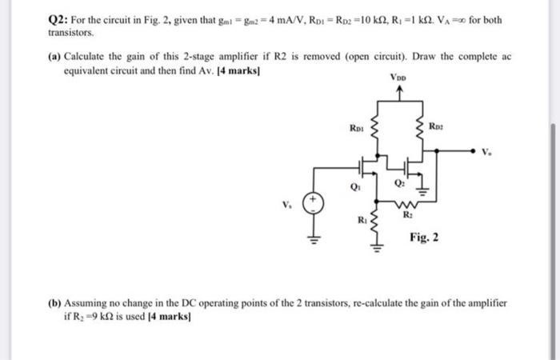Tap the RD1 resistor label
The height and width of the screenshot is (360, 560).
pyautogui.click(x=356, y=126)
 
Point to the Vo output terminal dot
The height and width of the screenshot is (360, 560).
pyautogui.click(x=471, y=148)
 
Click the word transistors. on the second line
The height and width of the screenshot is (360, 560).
pyautogui.click(x=48, y=34)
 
